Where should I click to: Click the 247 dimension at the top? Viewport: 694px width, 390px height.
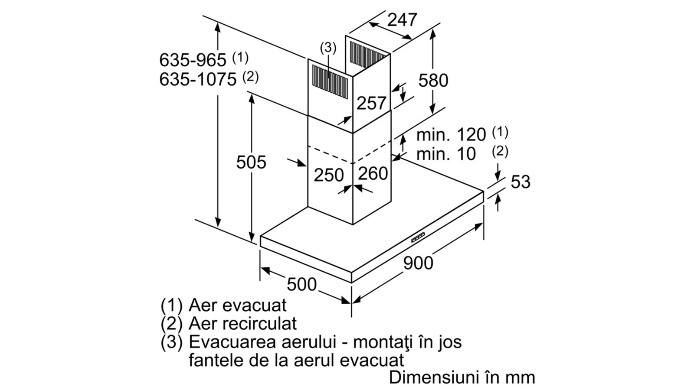coord(402,20)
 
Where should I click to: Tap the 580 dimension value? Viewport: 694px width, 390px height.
coord(433,80)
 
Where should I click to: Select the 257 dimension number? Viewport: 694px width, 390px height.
coord(371,103)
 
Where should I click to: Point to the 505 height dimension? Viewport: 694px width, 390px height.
coord(251,162)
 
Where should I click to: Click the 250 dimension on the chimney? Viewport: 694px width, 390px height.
coord(329,175)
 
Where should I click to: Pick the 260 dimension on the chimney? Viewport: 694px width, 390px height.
coord(373,173)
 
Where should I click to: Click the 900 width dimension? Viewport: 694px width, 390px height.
coord(418,263)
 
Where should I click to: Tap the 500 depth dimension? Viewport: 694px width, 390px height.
coord(301,284)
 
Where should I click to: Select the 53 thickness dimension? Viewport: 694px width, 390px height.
coord(520,182)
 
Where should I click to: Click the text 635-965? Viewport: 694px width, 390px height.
coord(193,60)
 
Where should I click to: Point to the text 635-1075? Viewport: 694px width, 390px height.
coord(198,79)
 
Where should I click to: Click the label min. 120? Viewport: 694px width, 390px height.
coord(451,135)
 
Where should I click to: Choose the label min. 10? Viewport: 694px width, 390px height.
coord(446,154)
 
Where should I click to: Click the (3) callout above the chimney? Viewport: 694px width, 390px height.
coord(328,48)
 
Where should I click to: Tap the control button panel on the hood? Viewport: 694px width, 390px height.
coord(418,238)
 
